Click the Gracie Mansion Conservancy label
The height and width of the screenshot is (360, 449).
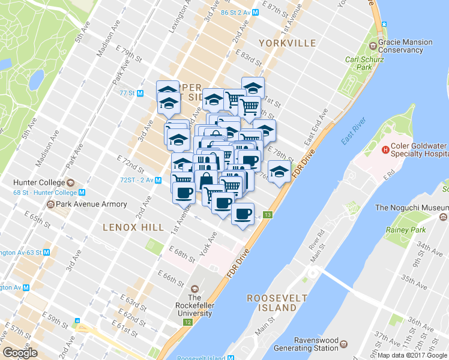point(405,46)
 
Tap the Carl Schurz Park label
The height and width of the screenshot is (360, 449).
point(360,64)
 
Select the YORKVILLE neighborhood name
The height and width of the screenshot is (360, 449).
point(287,43)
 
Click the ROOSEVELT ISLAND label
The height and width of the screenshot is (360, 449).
point(277,302)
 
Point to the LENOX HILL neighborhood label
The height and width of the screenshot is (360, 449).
point(133,227)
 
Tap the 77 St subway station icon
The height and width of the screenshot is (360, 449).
point(140,93)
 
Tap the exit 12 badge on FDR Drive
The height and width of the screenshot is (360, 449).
point(188,322)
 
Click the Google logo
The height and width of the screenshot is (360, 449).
point(19,353)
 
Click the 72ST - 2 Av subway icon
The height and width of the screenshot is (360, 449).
point(158,179)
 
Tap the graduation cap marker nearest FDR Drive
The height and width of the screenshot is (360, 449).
point(279,172)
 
